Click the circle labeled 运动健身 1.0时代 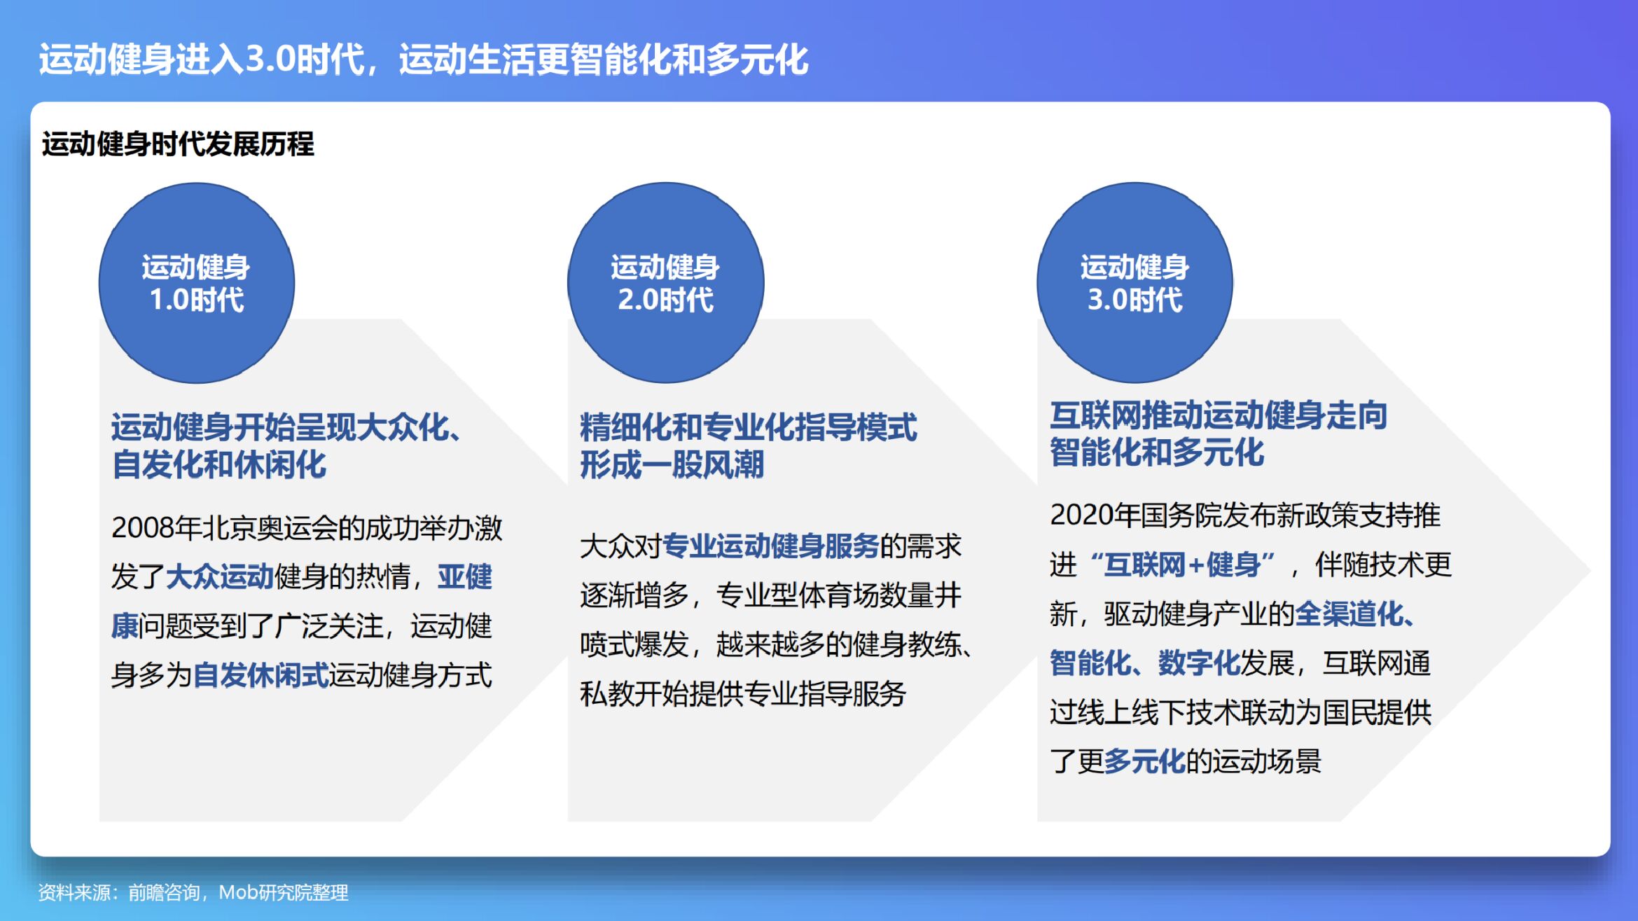pyautogui.click(x=197, y=283)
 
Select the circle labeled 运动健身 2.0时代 pyautogui.click(x=666, y=283)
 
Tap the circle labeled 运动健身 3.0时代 pyautogui.click(x=1135, y=283)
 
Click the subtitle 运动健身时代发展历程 pyautogui.click(x=178, y=144)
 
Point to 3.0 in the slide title pyautogui.click(x=270, y=59)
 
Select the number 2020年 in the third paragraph pyautogui.click(x=1095, y=515)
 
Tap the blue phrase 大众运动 pyautogui.click(x=219, y=577)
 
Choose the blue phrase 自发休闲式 pyautogui.click(x=261, y=675)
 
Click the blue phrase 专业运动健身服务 pyautogui.click(x=770, y=546)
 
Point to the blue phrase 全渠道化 pyautogui.click(x=1349, y=614)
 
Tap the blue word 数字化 pyautogui.click(x=1199, y=663)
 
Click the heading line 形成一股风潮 pyautogui.click(x=672, y=465)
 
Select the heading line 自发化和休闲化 pyautogui.click(x=218, y=465)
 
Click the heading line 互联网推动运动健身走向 pyautogui.click(x=1219, y=415)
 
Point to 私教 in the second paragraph pyautogui.click(x=607, y=694)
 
